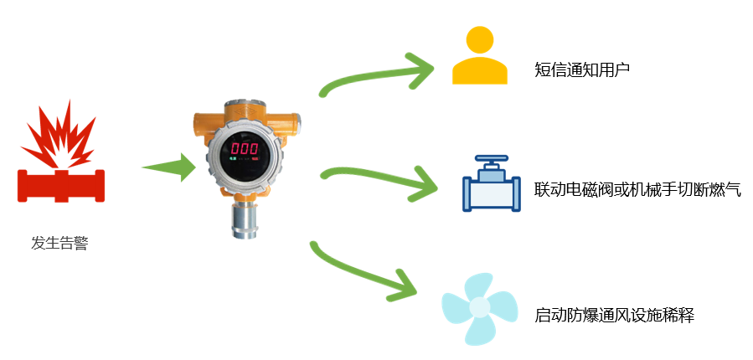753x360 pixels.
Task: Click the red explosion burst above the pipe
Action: click(x=58, y=136)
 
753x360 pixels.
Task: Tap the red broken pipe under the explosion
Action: click(x=61, y=186)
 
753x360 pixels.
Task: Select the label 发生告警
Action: click(x=59, y=244)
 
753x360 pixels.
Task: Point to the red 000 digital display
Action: click(x=244, y=147)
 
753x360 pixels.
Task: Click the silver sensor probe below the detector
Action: click(x=245, y=219)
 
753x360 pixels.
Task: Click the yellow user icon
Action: click(x=479, y=55)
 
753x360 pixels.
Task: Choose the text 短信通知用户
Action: click(x=581, y=70)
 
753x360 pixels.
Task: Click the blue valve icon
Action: click(x=492, y=183)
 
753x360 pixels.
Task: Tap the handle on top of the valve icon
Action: click(x=491, y=159)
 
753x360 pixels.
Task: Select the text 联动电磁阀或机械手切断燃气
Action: click(x=637, y=189)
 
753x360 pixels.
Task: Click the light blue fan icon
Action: click(x=479, y=308)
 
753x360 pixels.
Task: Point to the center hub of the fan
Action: click(x=479, y=306)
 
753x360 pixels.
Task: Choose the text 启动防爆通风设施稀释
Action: click(x=614, y=316)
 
